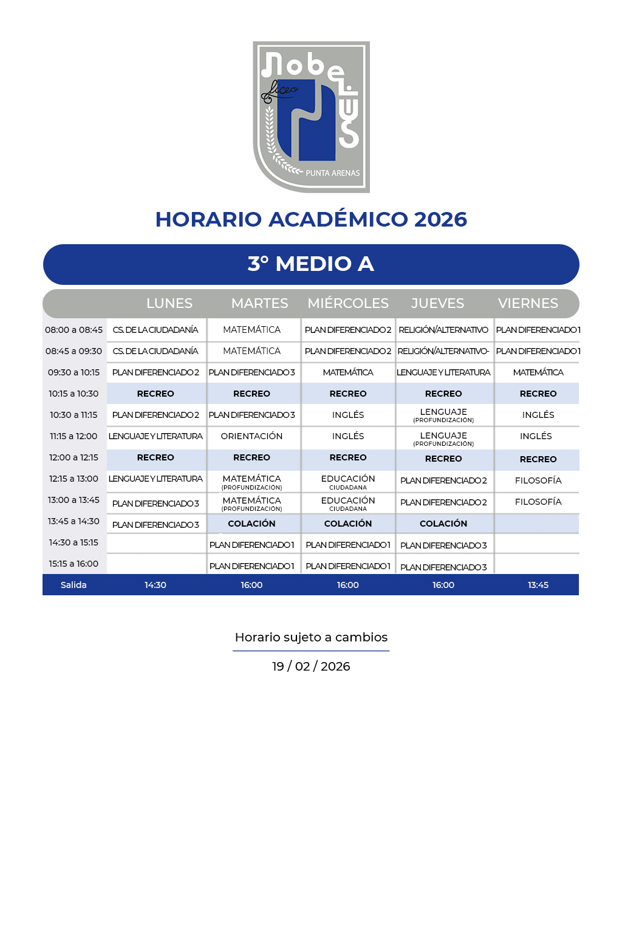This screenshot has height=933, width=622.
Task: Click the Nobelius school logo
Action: pos(311,117)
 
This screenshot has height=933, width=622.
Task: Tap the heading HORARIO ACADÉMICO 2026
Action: pos(311,219)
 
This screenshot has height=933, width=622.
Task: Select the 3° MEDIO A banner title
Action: pos(311,264)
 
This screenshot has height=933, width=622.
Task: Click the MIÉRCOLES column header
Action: pos(348,303)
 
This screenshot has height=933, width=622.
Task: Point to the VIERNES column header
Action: pos(528,303)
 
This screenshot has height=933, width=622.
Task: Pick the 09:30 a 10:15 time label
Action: pos(73,372)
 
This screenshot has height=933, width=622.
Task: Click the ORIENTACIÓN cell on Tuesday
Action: pos(251,436)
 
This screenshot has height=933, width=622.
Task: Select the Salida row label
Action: pos(73,585)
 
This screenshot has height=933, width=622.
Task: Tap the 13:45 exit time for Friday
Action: pos(538,585)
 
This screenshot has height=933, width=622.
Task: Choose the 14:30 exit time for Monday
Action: pos(155,585)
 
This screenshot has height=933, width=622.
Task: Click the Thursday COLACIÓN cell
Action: pos(443,524)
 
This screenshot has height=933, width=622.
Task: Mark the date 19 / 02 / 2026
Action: pos(311,666)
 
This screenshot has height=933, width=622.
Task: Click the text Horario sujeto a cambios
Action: pos(311,637)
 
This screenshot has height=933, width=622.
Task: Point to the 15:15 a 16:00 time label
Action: pos(73,564)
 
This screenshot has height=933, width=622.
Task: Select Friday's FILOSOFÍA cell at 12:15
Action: pos(538,480)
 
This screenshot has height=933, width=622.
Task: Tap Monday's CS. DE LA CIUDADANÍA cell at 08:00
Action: pos(155,330)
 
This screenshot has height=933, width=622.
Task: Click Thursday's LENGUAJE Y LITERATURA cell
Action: pos(443,372)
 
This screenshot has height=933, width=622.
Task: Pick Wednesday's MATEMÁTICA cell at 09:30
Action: pos(348,372)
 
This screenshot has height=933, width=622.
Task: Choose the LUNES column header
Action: pos(169,303)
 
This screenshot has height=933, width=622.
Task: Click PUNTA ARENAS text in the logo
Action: pos(332,173)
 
